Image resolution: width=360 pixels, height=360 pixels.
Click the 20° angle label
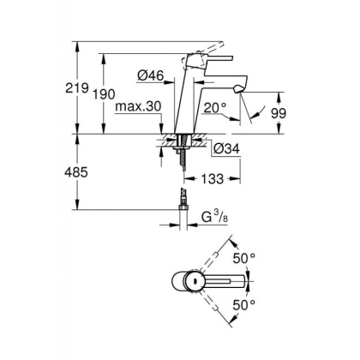tap(214, 108)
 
